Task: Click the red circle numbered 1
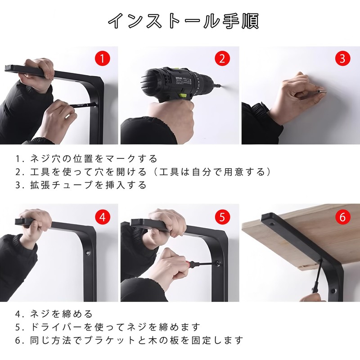pos(103,58)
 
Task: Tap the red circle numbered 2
pos(222,58)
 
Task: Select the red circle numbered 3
pos(342,58)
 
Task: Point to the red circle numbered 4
pos(103,217)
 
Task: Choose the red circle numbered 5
pos(222,217)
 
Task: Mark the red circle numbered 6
pos(342,217)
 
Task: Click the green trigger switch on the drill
pos(184,94)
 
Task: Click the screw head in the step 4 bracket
pos(88,253)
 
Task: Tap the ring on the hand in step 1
pos(67,117)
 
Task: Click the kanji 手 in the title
pos(230,21)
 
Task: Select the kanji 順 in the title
pos(250,21)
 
